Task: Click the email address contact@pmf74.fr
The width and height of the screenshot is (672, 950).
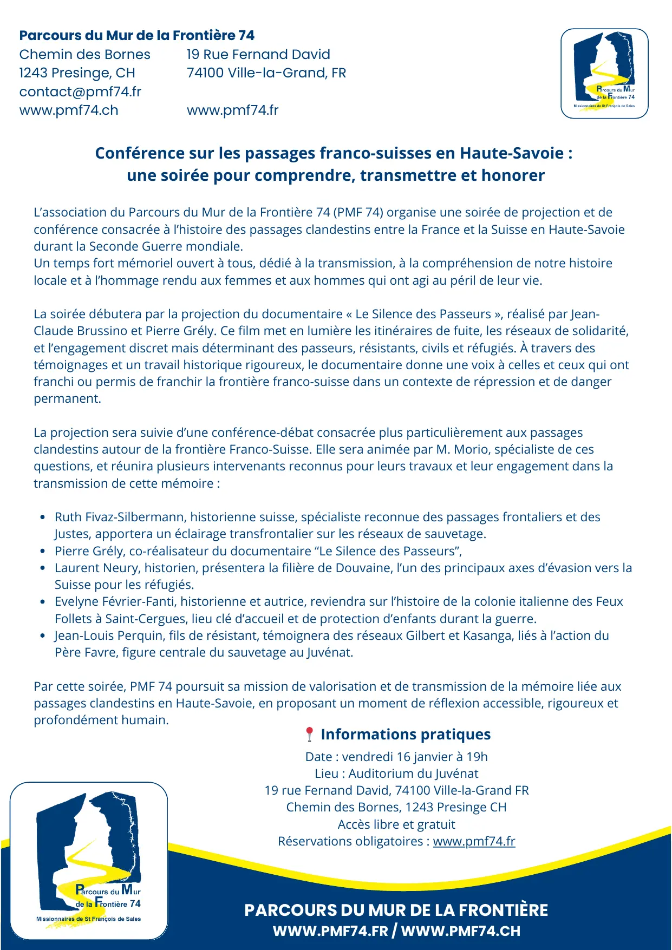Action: pyautogui.click(x=80, y=91)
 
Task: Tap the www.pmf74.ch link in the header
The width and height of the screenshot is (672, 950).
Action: pyautogui.click(x=69, y=110)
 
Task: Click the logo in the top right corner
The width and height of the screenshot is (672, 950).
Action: pyautogui.click(x=604, y=74)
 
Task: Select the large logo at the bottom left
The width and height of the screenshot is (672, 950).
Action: pyautogui.click(x=89, y=861)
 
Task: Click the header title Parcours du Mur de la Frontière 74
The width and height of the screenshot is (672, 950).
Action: pyautogui.click(x=136, y=36)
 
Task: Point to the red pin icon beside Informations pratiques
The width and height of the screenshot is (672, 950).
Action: pyautogui.click(x=309, y=735)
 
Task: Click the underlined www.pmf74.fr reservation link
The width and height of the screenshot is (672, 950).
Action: pyautogui.click(x=474, y=841)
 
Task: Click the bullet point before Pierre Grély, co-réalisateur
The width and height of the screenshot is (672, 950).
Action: pyautogui.click(x=43, y=552)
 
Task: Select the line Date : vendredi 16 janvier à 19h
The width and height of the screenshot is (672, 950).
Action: pyautogui.click(x=396, y=757)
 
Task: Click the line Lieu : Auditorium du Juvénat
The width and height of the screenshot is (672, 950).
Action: pyautogui.click(x=396, y=774)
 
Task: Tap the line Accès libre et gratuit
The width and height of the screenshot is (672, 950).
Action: pyautogui.click(x=396, y=824)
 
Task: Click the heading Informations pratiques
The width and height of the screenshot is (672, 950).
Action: pyautogui.click(x=406, y=735)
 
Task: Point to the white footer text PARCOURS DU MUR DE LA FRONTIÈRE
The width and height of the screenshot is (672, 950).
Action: pyautogui.click(x=396, y=910)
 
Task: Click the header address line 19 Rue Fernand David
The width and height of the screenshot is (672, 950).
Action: pyautogui.click(x=258, y=55)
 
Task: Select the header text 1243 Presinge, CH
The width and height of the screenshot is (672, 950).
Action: pyautogui.click(x=77, y=73)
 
